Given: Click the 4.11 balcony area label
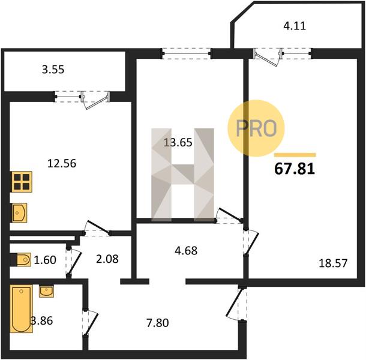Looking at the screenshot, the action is click(295, 26).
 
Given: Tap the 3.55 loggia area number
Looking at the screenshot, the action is click(53, 70).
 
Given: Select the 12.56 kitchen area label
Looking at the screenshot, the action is click(62, 163).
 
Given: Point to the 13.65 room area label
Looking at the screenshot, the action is click(178, 142).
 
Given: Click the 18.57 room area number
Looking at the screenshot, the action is click(333, 263).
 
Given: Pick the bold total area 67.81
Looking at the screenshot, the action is click(295, 169).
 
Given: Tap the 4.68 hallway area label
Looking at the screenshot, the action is click(186, 251).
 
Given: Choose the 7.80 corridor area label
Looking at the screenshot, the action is click(158, 323).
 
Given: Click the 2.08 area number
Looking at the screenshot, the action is click(107, 259).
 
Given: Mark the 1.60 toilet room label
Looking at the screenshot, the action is click(45, 260).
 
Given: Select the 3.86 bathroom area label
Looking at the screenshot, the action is click(42, 321).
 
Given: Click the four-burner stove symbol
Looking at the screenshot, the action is click(22, 182).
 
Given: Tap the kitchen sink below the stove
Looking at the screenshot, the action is click(19, 212).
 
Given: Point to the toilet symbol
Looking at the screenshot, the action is click(20, 259).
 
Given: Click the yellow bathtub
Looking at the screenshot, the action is click(21, 308).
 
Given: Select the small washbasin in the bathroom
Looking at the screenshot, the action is click(46, 291).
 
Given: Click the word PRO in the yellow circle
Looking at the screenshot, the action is click(256, 128).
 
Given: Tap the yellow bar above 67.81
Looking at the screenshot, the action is click(295, 155).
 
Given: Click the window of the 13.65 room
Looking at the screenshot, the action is click(187, 53).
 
